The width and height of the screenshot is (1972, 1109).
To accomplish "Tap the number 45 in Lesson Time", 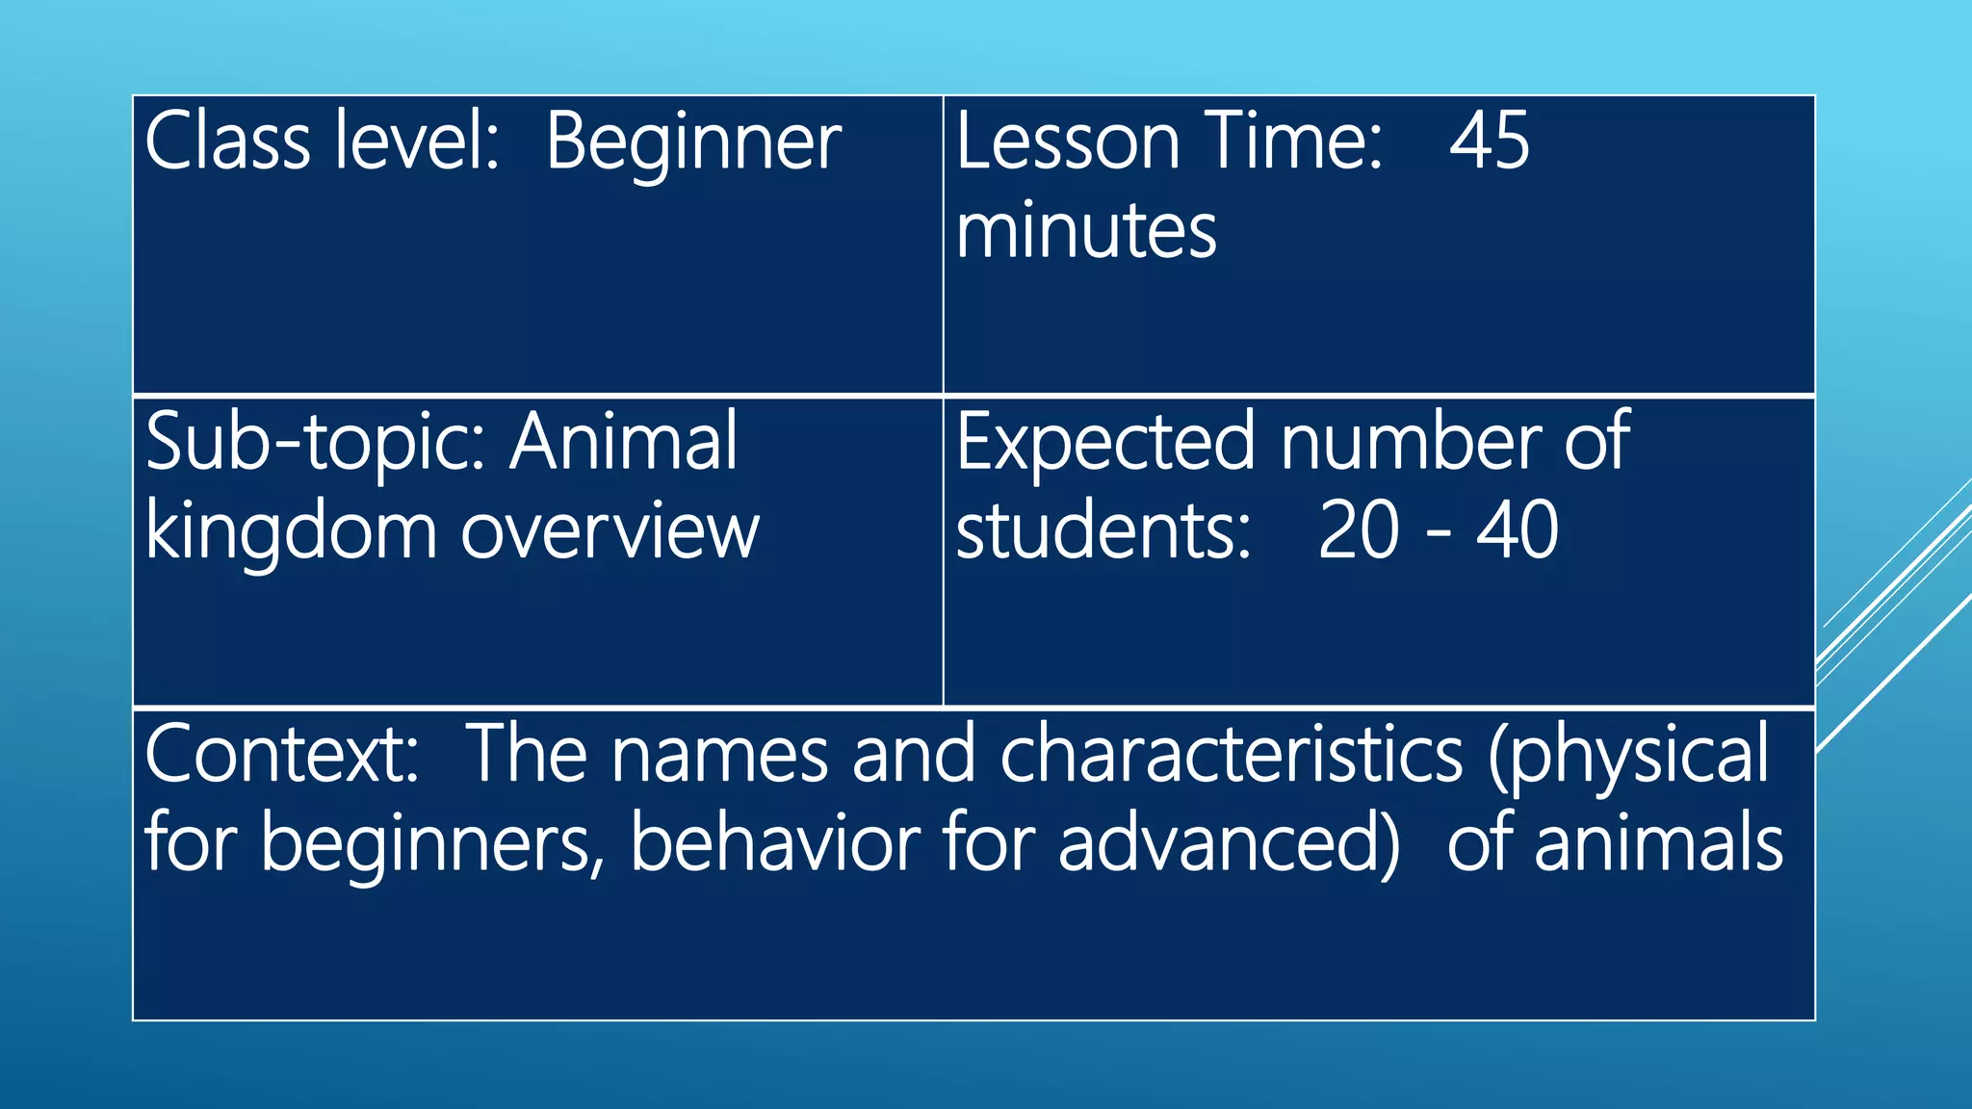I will [1489, 142].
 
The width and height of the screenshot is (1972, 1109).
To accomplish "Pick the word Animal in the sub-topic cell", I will [624, 441].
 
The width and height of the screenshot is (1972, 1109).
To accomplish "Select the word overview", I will [610, 532].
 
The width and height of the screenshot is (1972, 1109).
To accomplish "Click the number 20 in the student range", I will [1358, 530].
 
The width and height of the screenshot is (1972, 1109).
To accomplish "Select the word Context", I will [281, 754].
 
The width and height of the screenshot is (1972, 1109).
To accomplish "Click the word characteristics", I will [1232, 754].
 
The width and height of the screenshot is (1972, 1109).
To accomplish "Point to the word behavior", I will [775, 843].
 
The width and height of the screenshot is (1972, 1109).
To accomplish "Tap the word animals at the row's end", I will [1658, 843].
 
